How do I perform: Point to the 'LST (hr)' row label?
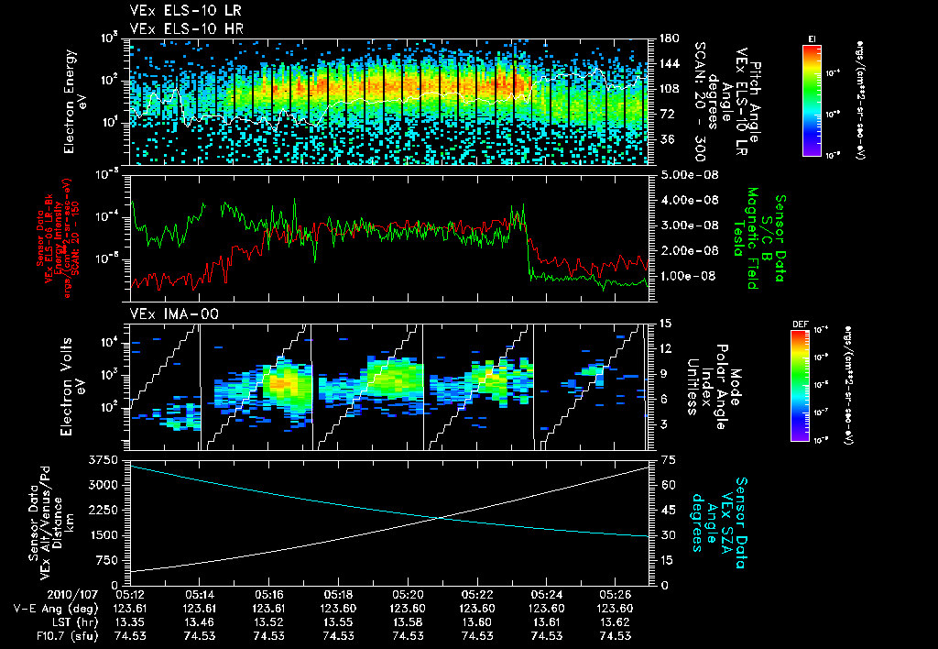coord(37,621)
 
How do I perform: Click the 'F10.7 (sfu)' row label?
coord(37,634)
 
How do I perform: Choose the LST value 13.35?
coord(130,621)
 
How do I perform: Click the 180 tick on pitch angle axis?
coord(661,38)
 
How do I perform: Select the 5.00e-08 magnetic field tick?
coord(682,175)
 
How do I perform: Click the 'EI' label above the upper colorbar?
coord(812,38)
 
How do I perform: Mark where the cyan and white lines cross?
coord(441,518)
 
